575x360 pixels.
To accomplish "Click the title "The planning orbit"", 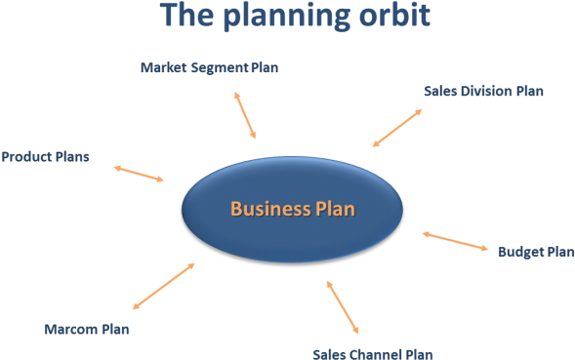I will tap(294, 17).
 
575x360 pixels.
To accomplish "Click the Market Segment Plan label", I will tap(209, 67).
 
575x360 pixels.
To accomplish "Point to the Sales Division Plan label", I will tap(483, 91).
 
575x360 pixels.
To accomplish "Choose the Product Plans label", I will tap(45, 156).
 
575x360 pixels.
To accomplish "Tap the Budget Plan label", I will tap(536, 251).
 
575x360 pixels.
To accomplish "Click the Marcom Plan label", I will tap(87, 329).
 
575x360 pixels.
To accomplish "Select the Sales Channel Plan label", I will tap(372, 353).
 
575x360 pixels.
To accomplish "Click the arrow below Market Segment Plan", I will tap(245, 115).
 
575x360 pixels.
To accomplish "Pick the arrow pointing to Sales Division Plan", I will tap(397, 128).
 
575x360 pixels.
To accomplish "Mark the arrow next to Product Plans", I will tap(139, 174).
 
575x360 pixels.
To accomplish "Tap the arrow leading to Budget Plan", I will tap(455, 241).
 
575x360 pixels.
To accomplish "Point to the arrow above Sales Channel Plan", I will tap(343, 307).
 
